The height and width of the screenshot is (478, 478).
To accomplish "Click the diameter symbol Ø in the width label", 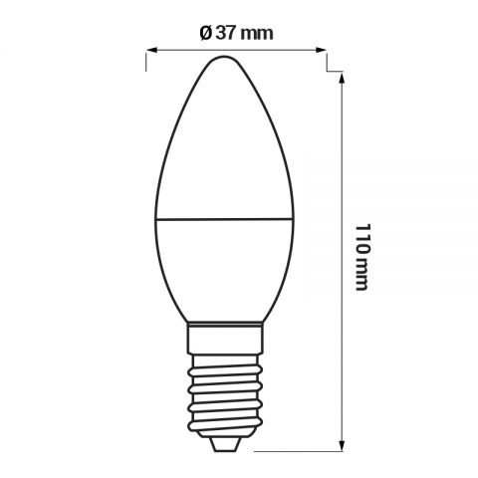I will pos(204,33).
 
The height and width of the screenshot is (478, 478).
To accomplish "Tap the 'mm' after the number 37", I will pos(257,33).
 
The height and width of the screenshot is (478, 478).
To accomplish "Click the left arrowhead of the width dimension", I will pos(151,49).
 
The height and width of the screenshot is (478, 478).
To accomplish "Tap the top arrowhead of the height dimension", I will pos(342,77).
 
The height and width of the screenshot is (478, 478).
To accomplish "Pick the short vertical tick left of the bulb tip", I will pos(146,62).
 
